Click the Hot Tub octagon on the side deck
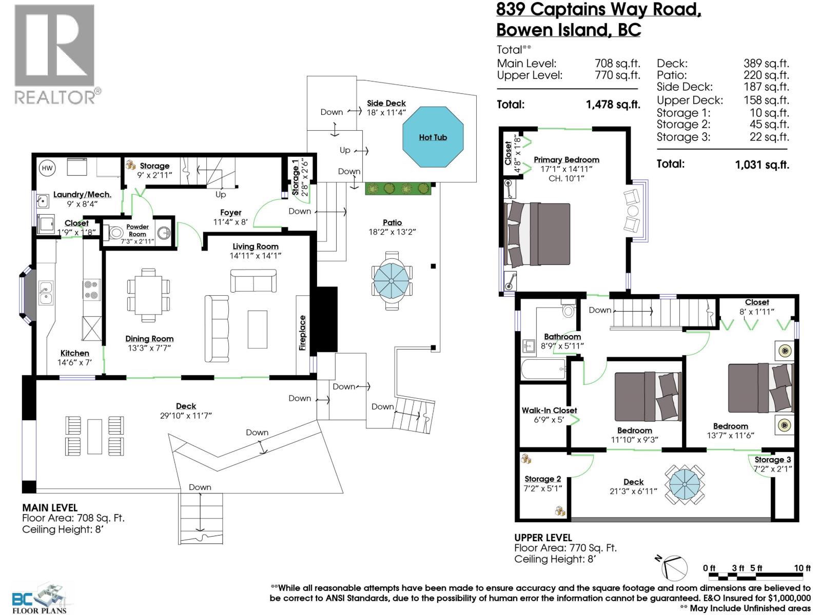[x=433, y=137]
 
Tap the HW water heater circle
[x=47, y=168]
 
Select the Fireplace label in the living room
[x=303, y=333]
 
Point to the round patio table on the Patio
[x=392, y=280]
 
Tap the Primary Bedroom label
[x=566, y=160]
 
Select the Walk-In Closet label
[x=549, y=411]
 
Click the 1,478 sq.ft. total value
[x=613, y=105]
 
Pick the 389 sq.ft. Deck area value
[x=766, y=64]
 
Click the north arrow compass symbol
[x=673, y=567]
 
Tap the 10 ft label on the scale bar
[x=802, y=568]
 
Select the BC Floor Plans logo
[x=40, y=598]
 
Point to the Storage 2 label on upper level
[x=542, y=479]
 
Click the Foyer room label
[x=230, y=212]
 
